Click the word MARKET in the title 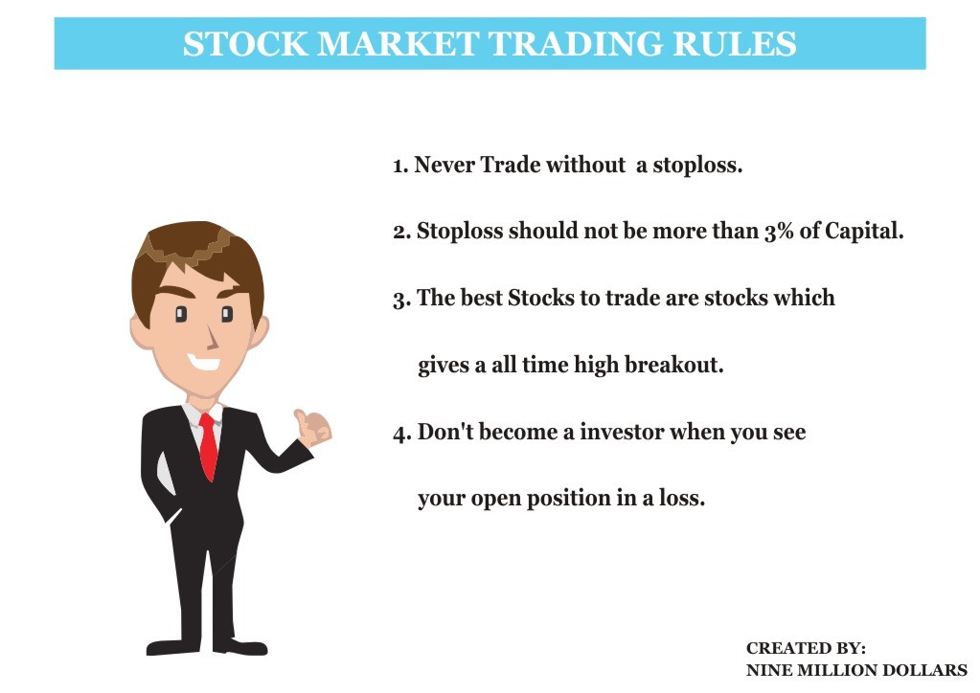399,44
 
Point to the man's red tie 208,446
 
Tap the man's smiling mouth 204,362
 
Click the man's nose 213,339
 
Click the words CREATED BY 806,648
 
